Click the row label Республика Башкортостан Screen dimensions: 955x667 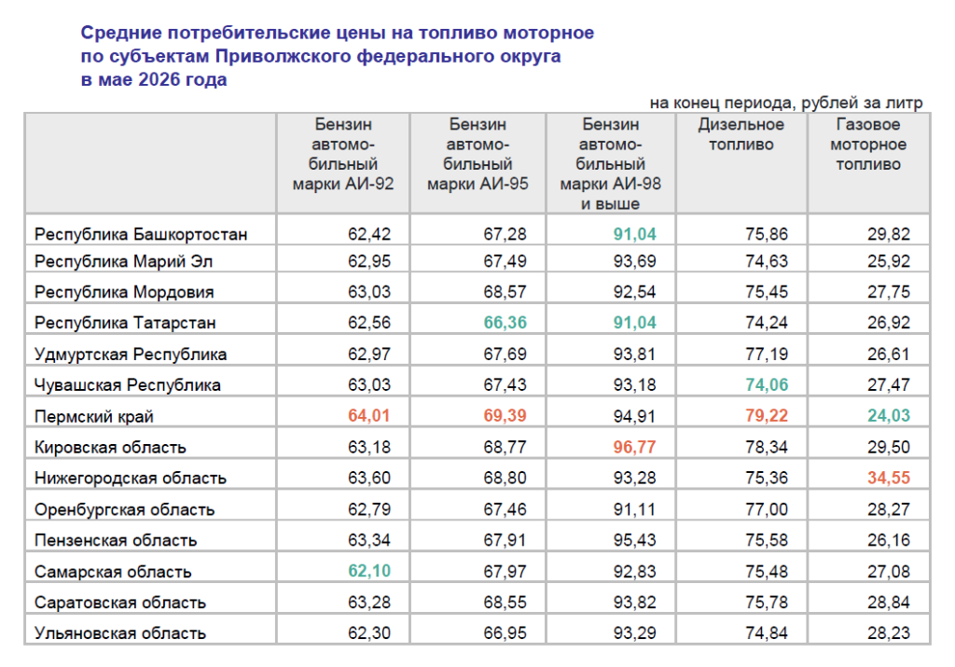(141, 234)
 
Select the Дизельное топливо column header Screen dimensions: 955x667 (740, 134)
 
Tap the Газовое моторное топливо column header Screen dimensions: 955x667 (868, 144)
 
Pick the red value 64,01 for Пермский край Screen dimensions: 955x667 (369, 415)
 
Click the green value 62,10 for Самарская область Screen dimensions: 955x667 (369, 571)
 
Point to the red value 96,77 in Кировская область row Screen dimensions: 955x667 (634, 447)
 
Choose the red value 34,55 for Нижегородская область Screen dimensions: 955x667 (889, 478)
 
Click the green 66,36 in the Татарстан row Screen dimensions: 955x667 (505, 322)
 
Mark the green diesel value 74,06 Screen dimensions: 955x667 (767, 384)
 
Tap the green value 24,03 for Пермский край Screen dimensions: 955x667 (889, 415)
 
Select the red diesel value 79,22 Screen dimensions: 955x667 (767, 415)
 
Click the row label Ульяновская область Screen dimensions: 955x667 (120, 632)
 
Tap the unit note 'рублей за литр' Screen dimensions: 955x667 (862, 103)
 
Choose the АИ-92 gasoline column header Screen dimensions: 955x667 (343, 154)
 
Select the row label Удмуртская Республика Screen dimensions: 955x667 (131, 354)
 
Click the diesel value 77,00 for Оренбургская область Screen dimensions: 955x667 (767, 508)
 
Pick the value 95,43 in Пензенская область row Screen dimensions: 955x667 (634, 540)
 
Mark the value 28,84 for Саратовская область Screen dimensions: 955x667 (889, 602)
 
